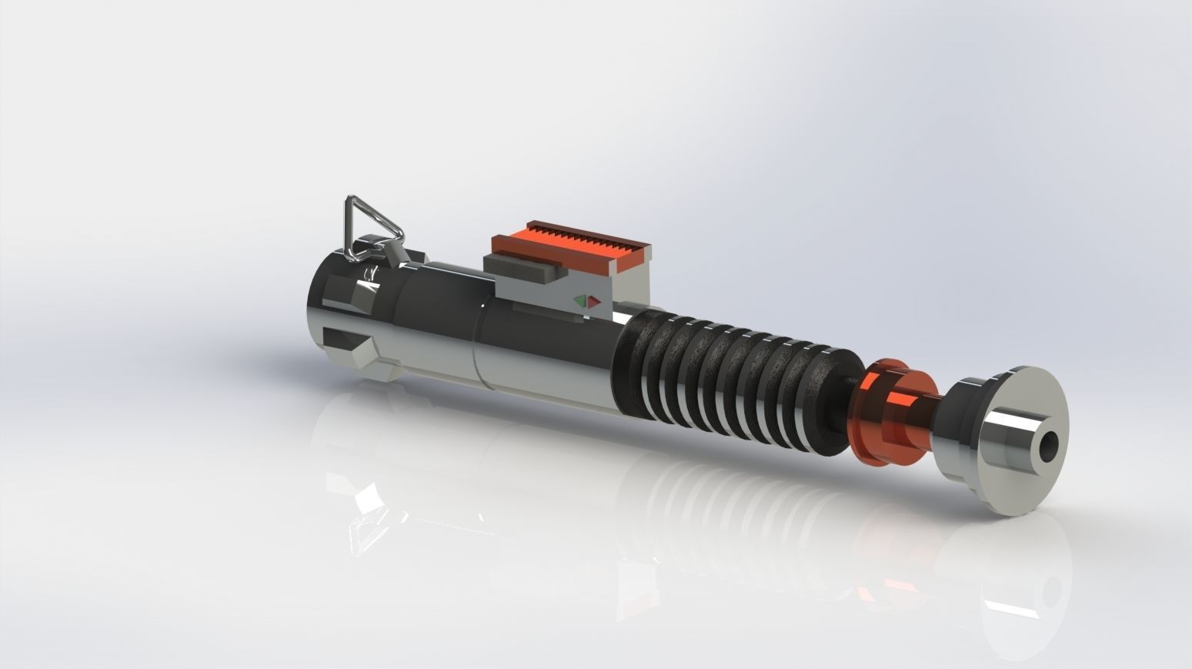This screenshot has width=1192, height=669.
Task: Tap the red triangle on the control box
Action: coord(593,302)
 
